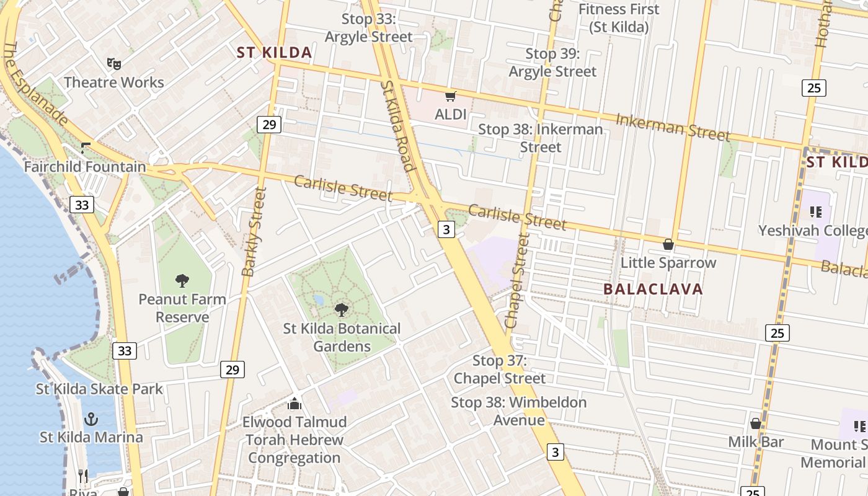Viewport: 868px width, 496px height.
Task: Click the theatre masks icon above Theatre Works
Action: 113,63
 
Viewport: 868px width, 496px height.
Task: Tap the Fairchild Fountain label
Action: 85,167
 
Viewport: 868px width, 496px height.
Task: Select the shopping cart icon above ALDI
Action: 451,96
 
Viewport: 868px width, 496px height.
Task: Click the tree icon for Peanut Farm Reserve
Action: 182,280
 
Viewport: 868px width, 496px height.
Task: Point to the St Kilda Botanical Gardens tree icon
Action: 342,309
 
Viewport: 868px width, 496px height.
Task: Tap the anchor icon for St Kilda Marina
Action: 91,419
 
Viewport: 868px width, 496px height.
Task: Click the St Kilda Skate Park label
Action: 99,389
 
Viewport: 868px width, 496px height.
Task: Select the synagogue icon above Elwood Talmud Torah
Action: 294,404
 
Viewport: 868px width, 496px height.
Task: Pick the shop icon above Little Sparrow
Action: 668,244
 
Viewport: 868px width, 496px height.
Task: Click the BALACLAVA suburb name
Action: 653,289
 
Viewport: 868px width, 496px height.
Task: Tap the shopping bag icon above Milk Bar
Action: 756,423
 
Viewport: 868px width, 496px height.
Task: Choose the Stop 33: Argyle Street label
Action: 369,28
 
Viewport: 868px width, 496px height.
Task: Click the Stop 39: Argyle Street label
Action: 552,63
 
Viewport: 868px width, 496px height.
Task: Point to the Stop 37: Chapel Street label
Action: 500,370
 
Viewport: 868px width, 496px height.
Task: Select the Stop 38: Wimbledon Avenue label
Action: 518,411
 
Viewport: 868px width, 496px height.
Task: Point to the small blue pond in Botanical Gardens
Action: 318,300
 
